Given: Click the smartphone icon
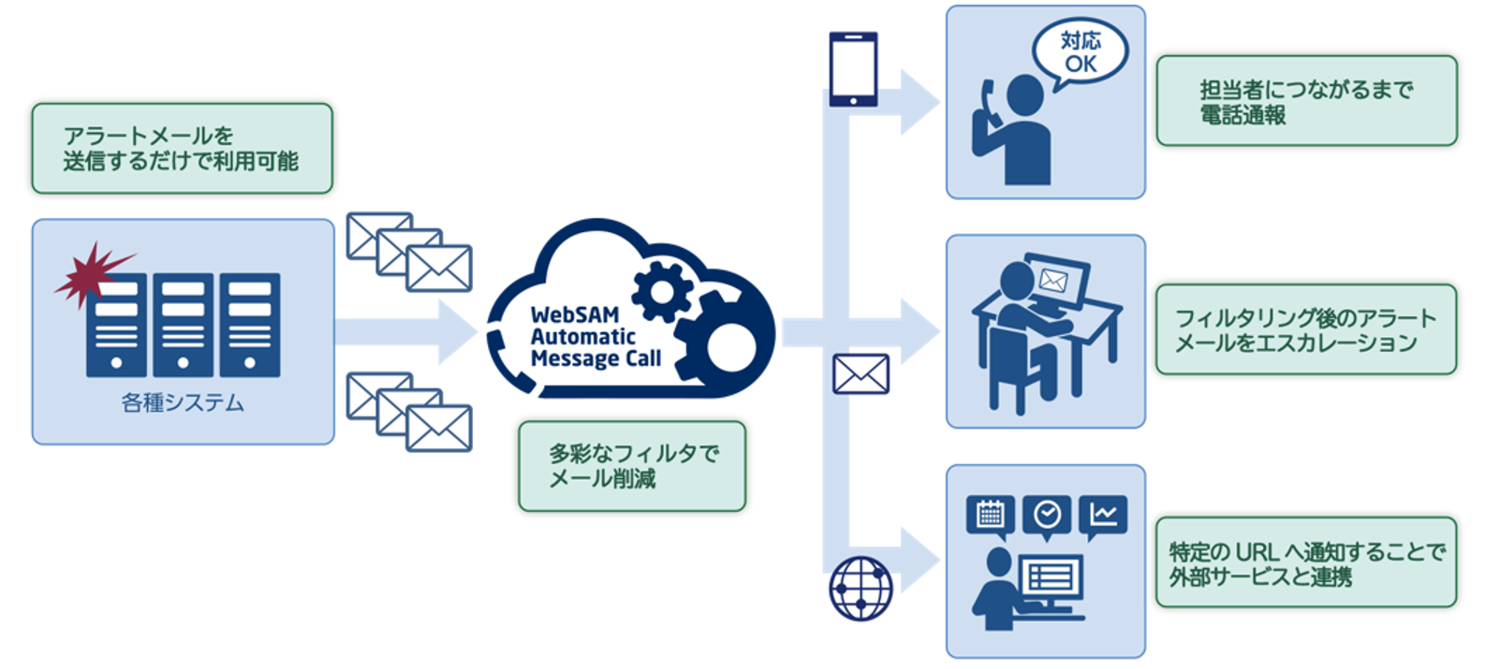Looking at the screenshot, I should tap(853, 69).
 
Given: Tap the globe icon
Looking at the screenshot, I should tap(861, 589).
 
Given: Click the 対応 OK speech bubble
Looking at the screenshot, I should tap(1080, 52).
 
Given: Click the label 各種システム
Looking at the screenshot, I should tap(183, 403).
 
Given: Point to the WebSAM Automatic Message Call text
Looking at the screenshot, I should tap(595, 337).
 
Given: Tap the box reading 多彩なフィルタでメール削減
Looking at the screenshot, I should tap(632, 466).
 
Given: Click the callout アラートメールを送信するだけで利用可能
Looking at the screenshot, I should tap(182, 149).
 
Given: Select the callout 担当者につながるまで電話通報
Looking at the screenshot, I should tap(1306, 101).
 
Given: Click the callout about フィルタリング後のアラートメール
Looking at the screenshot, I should tap(1305, 330).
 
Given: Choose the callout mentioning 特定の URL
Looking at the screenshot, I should tap(1305, 563).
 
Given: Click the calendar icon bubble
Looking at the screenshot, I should tap(990, 515).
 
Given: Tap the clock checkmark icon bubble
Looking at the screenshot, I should tap(1047, 515).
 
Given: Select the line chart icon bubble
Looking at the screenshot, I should tap(1103, 515).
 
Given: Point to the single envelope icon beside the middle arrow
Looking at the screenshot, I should tap(861, 374).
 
